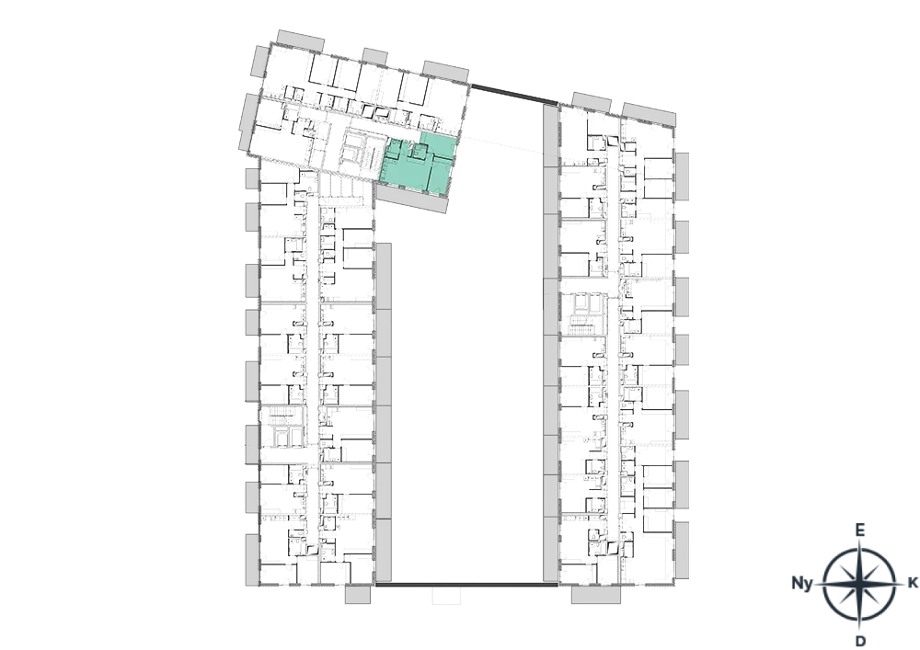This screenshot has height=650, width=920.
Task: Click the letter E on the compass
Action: (859, 530)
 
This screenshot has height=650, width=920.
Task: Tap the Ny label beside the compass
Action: (802, 583)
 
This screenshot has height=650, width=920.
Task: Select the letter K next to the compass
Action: (913, 583)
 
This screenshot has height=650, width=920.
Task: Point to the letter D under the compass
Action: (860, 641)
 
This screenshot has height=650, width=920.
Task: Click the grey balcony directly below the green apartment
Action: (409, 200)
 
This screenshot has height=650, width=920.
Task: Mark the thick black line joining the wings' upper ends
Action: (514, 95)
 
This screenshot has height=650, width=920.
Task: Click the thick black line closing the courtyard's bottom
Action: (466, 585)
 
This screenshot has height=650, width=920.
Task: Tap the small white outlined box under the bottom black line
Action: (447, 595)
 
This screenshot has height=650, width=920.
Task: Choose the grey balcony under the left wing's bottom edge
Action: (357, 594)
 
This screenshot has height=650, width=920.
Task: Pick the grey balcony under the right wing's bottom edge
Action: (595, 594)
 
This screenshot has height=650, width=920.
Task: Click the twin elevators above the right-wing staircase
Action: (584, 303)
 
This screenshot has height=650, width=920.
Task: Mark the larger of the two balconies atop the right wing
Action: (650, 114)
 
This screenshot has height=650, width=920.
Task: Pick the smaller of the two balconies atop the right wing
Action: (592, 103)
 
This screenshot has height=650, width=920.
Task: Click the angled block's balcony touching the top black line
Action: (446, 71)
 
